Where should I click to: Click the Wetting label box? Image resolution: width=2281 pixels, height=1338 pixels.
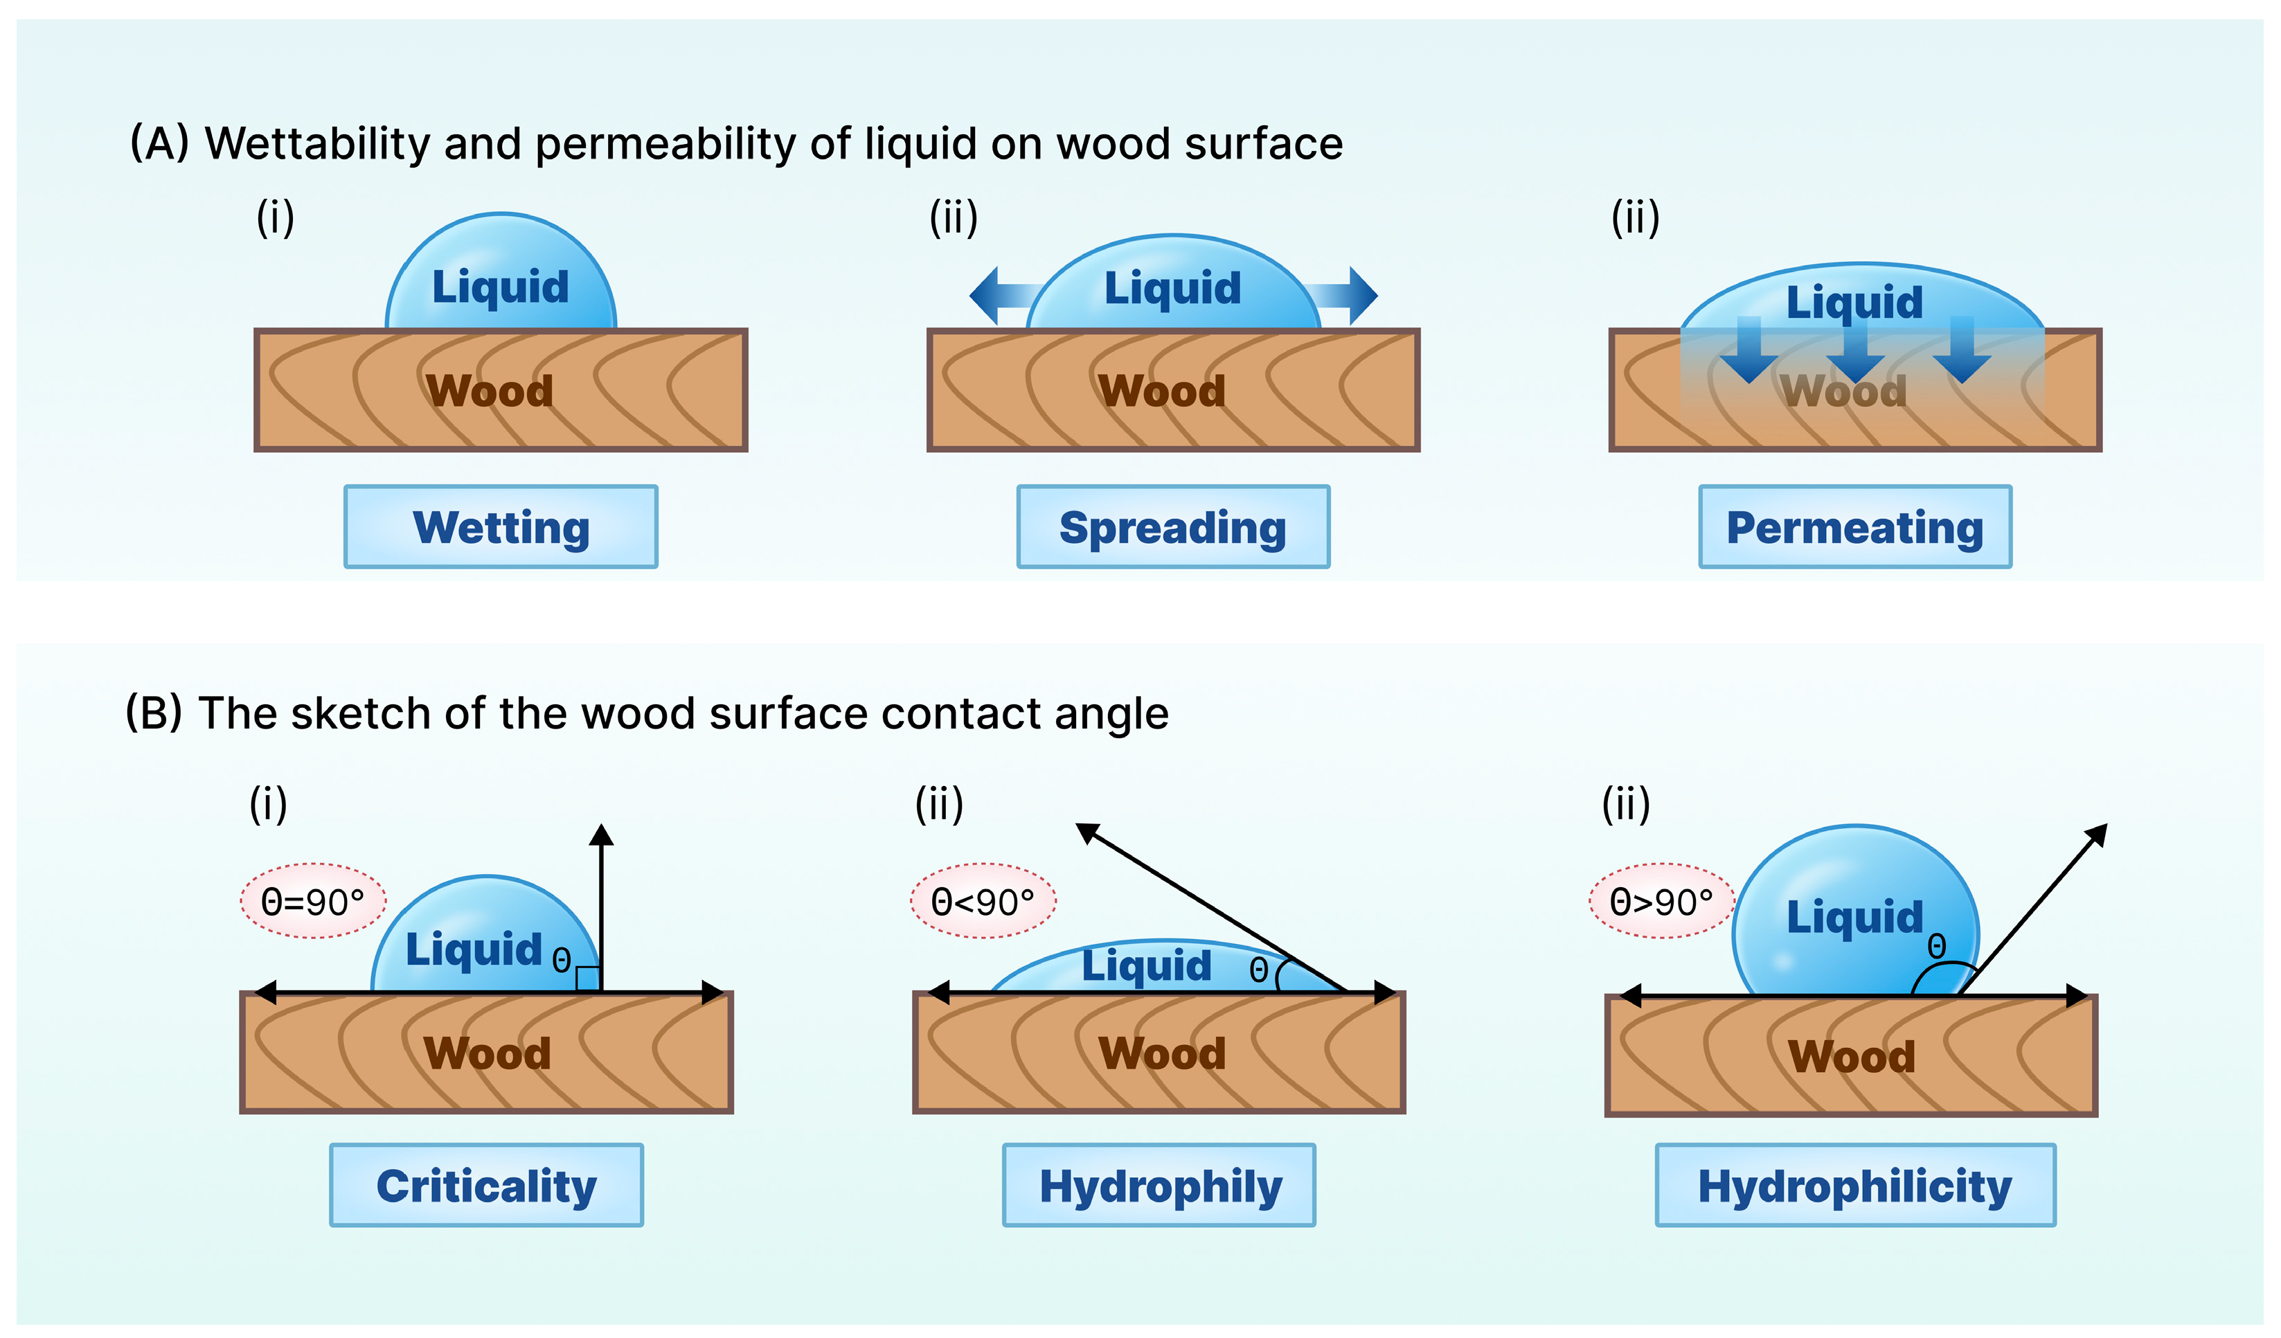[x=501, y=527]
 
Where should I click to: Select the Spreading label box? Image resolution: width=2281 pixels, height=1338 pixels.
[x=1173, y=527]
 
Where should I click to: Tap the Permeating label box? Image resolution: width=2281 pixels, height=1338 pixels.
[x=1854, y=527]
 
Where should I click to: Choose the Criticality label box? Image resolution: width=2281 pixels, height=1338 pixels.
[x=486, y=1185]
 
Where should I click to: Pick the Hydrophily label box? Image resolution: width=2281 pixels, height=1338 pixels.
[x=1159, y=1185]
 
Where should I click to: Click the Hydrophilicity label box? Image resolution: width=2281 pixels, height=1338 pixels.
[x=1854, y=1185]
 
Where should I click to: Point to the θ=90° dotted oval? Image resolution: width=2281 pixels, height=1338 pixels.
[x=313, y=902]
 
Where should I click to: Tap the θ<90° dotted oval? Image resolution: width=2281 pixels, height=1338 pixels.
[x=983, y=902]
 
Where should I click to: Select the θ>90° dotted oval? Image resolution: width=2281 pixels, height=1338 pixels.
[x=1662, y=902]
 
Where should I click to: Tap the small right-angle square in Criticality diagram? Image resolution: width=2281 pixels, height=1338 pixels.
[x=587, y=979]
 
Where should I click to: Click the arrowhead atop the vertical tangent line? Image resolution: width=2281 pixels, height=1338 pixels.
[x=601, y=835]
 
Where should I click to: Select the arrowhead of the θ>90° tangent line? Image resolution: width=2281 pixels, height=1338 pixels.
[x=2096, y=834]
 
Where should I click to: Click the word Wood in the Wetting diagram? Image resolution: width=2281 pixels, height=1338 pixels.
[x=490, y=391]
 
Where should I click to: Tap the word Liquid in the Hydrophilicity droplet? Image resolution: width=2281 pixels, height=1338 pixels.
[x=1854, y=917]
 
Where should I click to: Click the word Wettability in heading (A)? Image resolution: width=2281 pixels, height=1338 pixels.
[x=318, y=143]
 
